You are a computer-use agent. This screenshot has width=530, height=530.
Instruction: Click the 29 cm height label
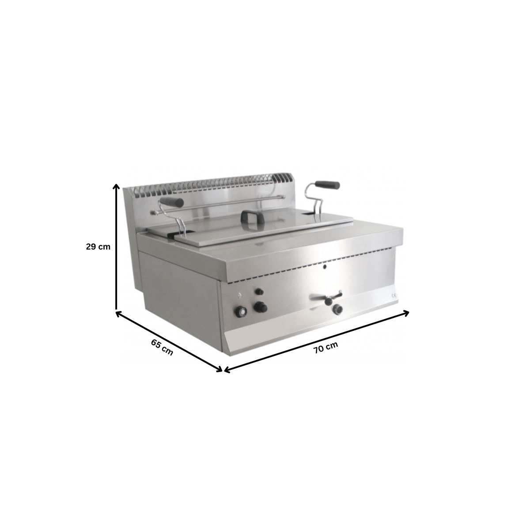[x=98, y=247]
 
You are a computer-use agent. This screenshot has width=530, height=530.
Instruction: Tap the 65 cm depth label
[x=162, y=347]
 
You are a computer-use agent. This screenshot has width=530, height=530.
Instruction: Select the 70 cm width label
[x=326, y=348]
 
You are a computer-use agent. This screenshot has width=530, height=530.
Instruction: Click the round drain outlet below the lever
[x=338, y=310]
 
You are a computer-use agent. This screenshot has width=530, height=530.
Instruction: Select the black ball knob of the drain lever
[x=329, y=301]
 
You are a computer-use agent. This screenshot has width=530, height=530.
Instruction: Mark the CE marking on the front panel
[x=394, y=296]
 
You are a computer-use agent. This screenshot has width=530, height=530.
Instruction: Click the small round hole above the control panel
[x=326, y=267]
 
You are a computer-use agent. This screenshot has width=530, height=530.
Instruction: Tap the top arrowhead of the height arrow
[x=116, y=185]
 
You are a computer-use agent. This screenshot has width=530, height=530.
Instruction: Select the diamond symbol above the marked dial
[x=240, y=295]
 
